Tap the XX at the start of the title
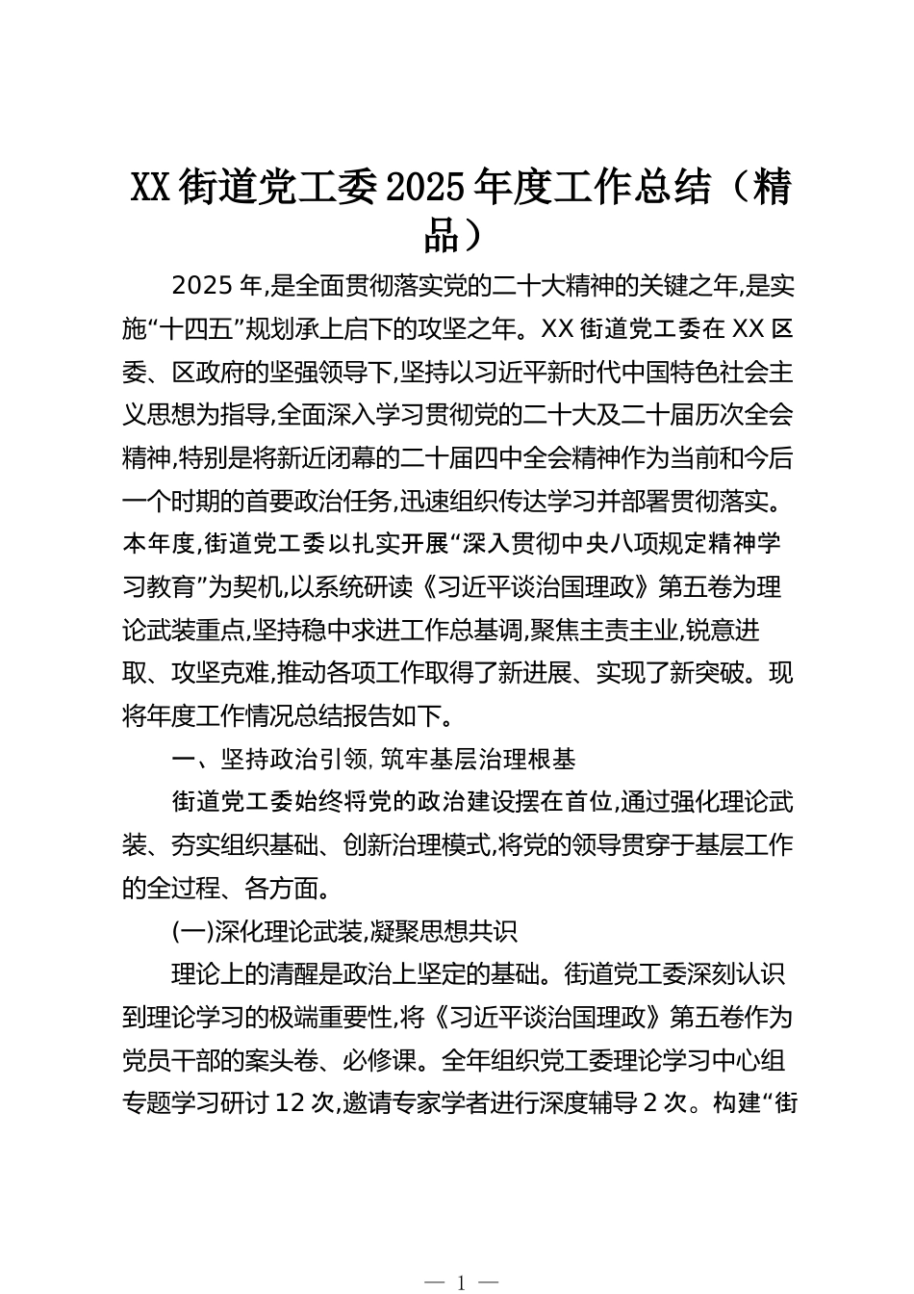tap(149, 188)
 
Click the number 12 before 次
tap(291, 1103)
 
